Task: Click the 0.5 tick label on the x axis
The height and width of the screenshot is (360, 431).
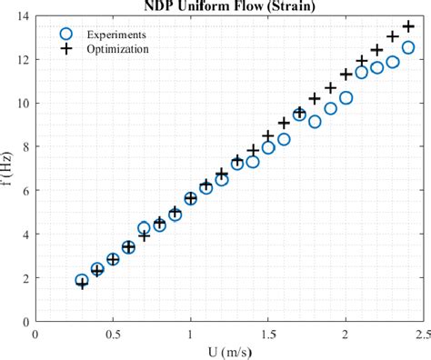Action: (x=113, y=334)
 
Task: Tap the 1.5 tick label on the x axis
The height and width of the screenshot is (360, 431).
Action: (x=267, y=334)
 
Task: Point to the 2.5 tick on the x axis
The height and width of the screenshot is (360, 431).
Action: (x=421, y=334)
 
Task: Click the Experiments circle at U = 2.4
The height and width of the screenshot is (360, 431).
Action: (x=407, y=47)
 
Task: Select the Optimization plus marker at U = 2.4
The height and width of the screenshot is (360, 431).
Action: (x=408, y=26)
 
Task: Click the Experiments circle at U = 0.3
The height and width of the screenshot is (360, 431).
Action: (x=82, y=281)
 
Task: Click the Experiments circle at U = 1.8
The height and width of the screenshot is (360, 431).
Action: (x=315, y=121)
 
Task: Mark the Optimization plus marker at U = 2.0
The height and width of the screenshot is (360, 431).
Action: (x=346, y=75)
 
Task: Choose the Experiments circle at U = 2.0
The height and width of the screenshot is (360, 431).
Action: (x=346, y=97)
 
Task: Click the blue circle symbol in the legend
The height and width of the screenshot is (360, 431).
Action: (x=65, y=35)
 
